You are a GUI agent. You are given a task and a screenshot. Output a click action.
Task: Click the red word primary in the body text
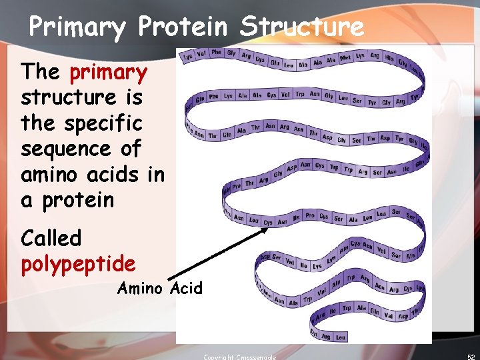click(x=108, y=72)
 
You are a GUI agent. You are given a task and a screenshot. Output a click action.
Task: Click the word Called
click(x=51, y=238)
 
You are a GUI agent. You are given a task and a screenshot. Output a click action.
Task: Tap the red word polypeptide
click(x=78, y=264)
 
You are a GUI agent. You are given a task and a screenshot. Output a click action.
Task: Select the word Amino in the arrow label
click(x=140, y=288)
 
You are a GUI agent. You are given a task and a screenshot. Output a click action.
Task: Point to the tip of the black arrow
click(x=267, y=229)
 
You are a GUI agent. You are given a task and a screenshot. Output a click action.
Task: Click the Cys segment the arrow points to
click(x=268, y=223)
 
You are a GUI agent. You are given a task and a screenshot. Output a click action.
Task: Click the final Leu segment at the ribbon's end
click(x=341, y=337)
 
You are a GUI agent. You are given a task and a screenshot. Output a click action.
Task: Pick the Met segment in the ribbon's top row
click(x=345, y=59)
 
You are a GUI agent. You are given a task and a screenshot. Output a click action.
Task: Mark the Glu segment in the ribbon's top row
click(x=275, y=63)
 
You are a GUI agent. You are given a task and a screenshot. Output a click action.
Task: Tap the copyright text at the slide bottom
click(x=239, y=357)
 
